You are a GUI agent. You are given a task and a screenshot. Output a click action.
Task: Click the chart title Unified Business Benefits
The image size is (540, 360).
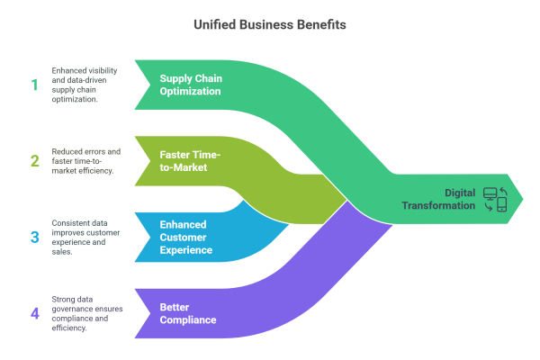[x=270, y=25]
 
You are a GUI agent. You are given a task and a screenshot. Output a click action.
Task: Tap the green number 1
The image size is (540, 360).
[x=34, y=85]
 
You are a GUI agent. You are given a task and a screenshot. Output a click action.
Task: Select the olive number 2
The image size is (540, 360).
[x=34, y=161]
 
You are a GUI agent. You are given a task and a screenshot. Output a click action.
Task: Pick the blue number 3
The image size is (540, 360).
[x=34, y=238]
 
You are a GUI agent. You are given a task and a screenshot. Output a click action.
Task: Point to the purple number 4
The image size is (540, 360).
[x=34, y=314]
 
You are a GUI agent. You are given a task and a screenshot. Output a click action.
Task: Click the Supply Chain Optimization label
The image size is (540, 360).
[x=191, y=85]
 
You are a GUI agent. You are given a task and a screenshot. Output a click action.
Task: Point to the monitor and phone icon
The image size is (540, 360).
[x=496, y=199]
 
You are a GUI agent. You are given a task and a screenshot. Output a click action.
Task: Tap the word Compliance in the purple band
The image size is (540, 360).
[x=191, y=320]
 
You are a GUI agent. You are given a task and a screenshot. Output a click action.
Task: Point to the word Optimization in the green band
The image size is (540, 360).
[x=191, y=91]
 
